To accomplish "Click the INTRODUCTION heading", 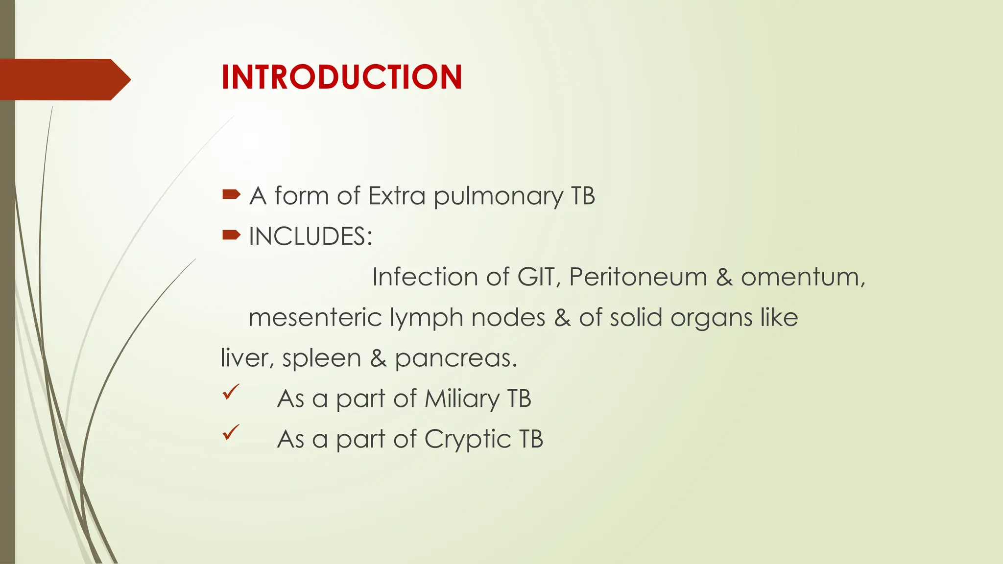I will [x=341, y=77].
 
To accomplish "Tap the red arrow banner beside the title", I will [x=64, y=79].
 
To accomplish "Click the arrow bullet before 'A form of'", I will [x=231, y=195].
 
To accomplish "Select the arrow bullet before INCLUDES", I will [x=231, y=235].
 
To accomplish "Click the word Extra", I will [x=397, y=196].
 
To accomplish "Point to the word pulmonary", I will [x=498, y=197].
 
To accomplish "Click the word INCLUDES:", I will [x=310, y=236].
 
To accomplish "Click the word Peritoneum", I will [x=638, y=277].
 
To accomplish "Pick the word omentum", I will [x=803, y=278].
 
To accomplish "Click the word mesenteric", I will [x=315, y=317].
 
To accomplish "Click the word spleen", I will [x=321, y=359].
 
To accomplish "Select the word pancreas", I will [x=455, y=359].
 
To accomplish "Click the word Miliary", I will [x=462, y=399].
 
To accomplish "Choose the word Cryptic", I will [x=467, y=440].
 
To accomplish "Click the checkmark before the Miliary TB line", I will [x=231, y=392].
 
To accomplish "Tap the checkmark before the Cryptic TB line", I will [x=231, y=432].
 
